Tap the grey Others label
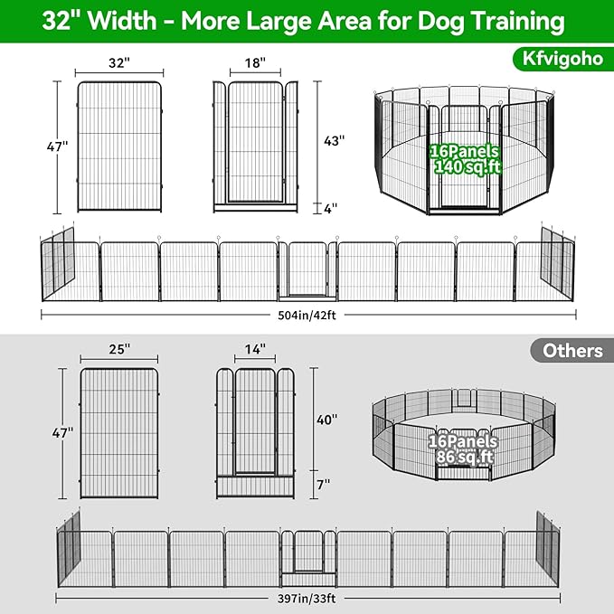[573, 351]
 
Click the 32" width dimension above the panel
[119, 63]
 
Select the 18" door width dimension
[254, 63]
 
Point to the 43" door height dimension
[335, 140]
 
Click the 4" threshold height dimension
[330, 208]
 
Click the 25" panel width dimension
[118, 348]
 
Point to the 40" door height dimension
[326, 420]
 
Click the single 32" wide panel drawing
[119, 147]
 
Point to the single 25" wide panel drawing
[118, 432]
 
